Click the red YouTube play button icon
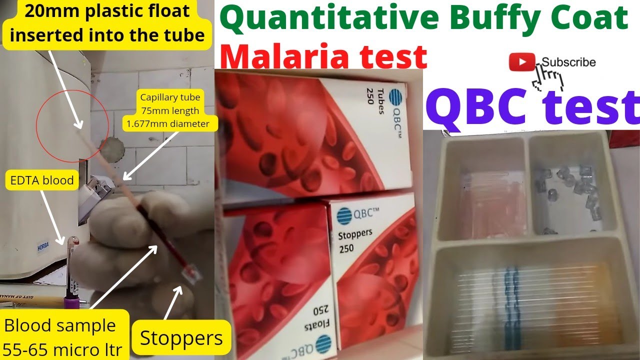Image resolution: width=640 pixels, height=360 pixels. (522, 62)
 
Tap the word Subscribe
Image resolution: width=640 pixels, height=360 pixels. (568, 62)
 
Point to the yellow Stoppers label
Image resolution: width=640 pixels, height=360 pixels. (181, 338)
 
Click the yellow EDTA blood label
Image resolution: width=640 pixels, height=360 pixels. (42, 180)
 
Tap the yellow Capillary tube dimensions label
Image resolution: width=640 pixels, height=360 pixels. (169, 110)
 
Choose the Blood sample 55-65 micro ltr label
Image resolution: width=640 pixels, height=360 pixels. (63, 337)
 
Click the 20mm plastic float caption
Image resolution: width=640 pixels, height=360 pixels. (107, 23)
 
